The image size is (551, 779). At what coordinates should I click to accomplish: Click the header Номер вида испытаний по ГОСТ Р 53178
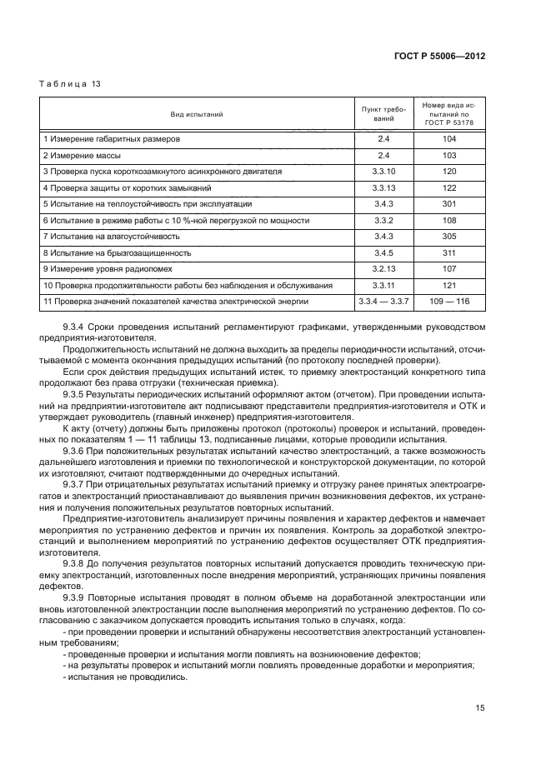pos(449,113)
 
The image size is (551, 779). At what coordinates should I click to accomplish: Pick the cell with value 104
pos(449,139)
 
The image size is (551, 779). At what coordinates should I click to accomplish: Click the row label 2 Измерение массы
pos(78,155)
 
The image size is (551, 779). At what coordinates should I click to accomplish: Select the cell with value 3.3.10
pos(383,172)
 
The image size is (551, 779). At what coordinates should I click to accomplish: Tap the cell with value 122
pos(449,187)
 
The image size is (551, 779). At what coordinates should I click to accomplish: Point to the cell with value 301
pos(449,203)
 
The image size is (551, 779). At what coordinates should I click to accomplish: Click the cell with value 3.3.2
pos(383,220)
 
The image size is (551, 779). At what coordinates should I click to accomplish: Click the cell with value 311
pos(449,252)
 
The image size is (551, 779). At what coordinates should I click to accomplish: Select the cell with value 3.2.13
pos(383,268)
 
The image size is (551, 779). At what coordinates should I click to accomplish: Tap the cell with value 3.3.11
pos(383,285)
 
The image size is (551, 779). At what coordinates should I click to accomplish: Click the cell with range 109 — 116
pos(449,301)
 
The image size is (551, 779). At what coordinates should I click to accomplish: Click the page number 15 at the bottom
pos(480,708)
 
